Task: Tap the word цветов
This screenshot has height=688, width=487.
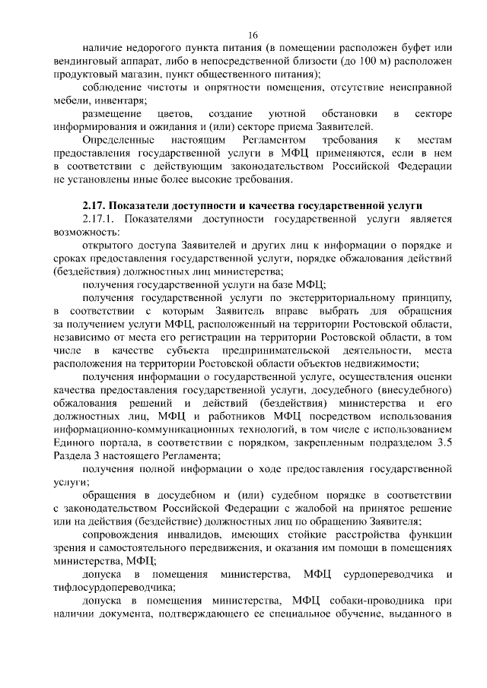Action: (172, 113)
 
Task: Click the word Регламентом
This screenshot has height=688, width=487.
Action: (264, 141)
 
